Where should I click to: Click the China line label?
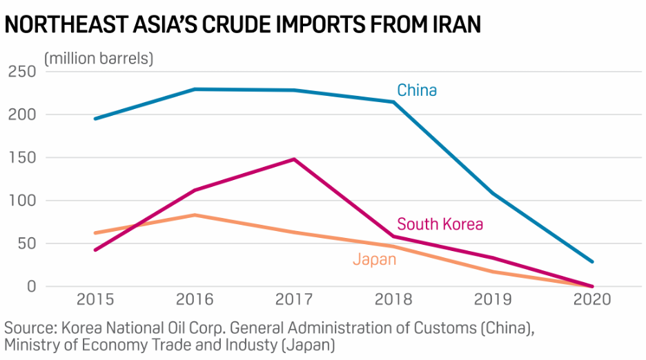point(416,90)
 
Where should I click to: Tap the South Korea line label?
point(440,224)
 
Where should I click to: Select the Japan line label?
point(374,259)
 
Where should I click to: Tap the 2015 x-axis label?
point(96,300)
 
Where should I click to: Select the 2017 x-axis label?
point(295,300)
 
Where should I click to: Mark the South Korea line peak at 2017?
point(295,159)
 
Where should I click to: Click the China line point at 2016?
point(195,89)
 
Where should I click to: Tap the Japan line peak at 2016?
point(195,215)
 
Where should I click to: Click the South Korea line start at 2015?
point(96,250)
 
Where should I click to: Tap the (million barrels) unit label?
point(99,59)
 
